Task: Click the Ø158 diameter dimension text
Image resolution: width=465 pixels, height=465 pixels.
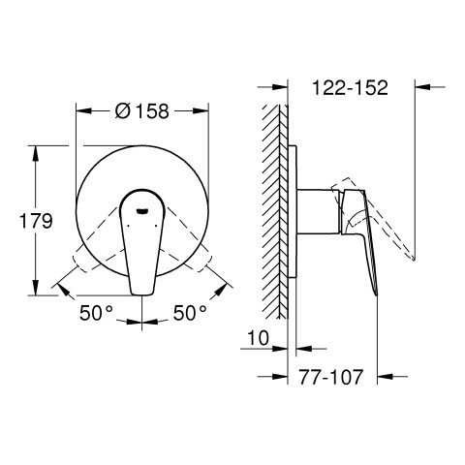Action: (142, 111)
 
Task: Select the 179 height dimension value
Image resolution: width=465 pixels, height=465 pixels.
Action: (36, 221)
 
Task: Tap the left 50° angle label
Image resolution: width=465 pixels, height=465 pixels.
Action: (96, 313)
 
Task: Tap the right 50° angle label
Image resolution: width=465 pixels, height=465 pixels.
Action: (190, 313)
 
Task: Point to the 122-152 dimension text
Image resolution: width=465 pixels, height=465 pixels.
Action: (350, 87)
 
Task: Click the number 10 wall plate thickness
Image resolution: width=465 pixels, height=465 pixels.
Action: (259, 338)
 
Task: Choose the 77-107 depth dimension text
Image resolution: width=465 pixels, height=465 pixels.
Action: (331, 377)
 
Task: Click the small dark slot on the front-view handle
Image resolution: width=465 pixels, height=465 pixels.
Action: (142, 211)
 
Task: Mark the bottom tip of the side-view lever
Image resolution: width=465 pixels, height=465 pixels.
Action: (376, 294)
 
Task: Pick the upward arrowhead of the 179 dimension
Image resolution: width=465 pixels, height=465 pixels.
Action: (36, 153)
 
